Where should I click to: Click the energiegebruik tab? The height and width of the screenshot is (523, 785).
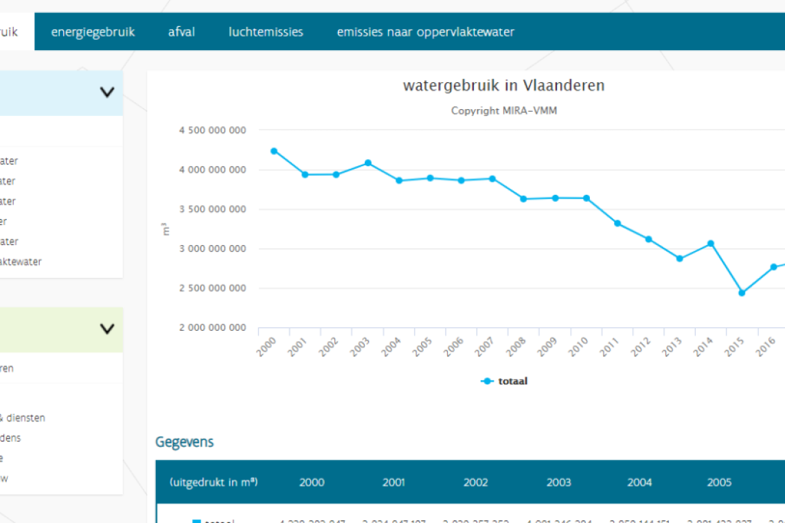click(x=93, y=32)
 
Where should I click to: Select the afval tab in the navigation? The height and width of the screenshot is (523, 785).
click(x=181, y=32)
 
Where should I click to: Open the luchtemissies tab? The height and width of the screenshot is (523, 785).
click(x=266, y=32)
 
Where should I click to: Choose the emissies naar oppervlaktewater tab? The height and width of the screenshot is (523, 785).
click(x=425, y=32)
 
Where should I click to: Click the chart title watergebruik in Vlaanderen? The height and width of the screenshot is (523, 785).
click(x=503, y=86)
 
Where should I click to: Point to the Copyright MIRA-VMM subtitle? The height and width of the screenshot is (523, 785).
click(x=503, y=111)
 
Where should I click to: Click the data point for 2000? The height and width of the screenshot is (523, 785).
click(x=274, y=151)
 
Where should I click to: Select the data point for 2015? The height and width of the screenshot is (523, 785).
click(x=742, y=293)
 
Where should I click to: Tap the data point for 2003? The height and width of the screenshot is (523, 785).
click(x=368, y=163)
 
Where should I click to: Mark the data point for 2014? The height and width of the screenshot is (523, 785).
click(x=711, y=244)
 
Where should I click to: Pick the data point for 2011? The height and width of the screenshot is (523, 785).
click(x=617, y=223)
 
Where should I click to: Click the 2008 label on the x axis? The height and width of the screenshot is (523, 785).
click(x=516, y=347)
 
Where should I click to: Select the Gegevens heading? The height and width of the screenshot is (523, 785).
click(x=184, y=442)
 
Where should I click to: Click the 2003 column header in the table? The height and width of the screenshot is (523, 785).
click(x=558, y=483)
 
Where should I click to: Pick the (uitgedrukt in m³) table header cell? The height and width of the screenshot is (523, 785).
click(x=214, y=483)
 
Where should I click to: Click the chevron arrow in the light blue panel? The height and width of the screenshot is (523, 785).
click(x=107, y=92)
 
